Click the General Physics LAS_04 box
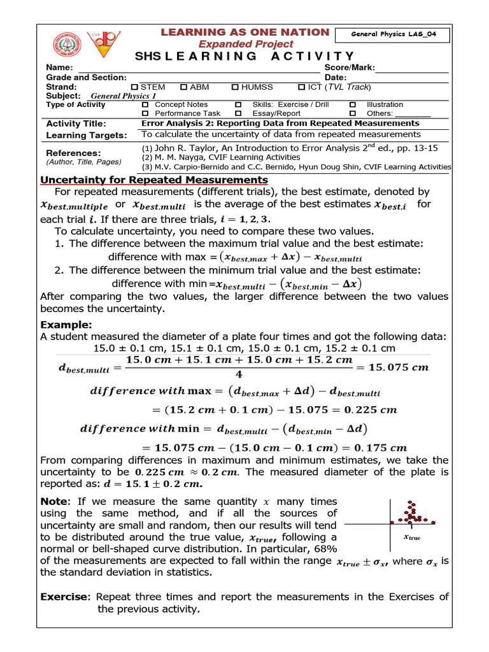(400, 35)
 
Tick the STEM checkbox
(134, 87)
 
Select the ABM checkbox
(183, 87)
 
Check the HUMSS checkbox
(235, 87)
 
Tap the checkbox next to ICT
(302, 87)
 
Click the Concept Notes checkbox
(145, 104)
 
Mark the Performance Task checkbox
(145, 113)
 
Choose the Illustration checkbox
(353, 104)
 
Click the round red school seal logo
(67, 45)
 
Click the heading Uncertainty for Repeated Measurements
(154, 180)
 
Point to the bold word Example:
(66, 325)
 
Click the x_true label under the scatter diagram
(412, 537)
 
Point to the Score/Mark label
(350, 67)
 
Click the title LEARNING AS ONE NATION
(245, 32)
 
